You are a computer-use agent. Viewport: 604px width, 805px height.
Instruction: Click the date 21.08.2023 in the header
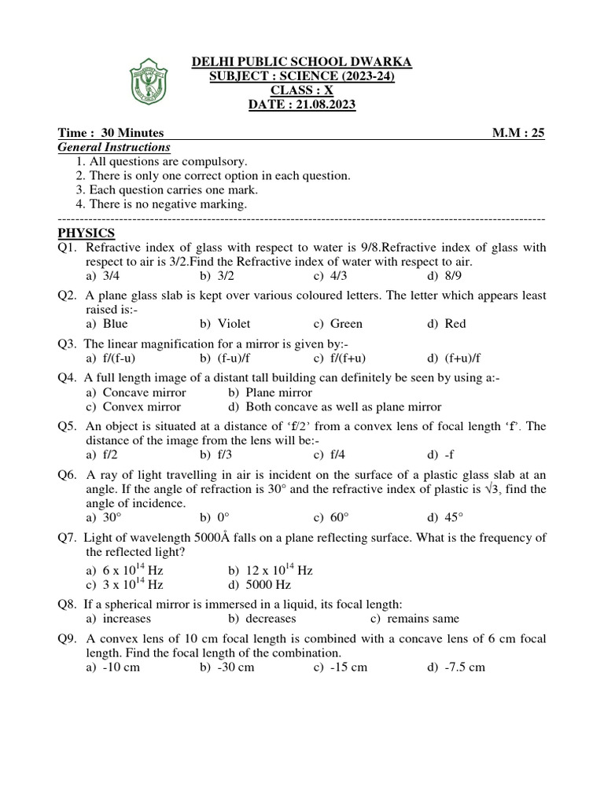(x=303, y=105)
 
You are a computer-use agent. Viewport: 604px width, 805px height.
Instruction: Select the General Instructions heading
(x=114, y=147)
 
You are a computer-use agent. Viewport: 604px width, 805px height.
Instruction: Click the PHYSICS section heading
(x=87, y=233)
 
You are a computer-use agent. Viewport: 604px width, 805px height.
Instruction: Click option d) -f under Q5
(x=441, y=454)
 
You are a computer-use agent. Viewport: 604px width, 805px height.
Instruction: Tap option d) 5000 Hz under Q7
(x=259, y=585)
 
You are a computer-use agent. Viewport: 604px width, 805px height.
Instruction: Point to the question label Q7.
(x=68, y=537)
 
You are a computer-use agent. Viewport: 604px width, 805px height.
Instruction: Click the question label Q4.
(x=68, y=378)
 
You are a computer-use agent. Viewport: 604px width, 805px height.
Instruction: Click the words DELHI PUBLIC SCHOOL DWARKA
(x=302, y=62)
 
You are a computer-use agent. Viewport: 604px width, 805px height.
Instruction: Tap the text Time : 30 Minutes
(x=111, y=133)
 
